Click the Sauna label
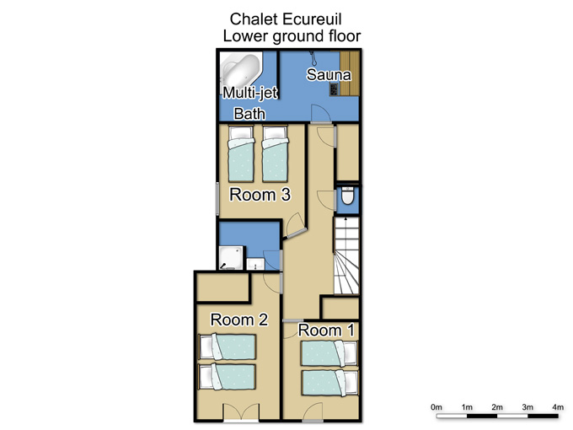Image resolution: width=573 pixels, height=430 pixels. (329, 74)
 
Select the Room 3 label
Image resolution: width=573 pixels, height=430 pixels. (260, 195)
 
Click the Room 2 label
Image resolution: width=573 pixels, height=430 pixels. (239, 320)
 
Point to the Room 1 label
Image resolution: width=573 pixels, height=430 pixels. (326, 331)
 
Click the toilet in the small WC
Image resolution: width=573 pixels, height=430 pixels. (347, 196)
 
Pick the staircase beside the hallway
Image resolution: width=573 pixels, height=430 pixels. (346, 256)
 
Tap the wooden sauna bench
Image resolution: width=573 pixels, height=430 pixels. (350, 73)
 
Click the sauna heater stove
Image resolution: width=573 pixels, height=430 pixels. (334, 89)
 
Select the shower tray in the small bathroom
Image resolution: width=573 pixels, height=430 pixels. (231, 258)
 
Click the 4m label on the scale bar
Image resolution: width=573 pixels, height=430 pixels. (558, 407)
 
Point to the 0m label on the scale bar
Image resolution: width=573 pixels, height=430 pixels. (436, 407)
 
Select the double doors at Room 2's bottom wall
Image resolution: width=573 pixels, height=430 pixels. (242, 412)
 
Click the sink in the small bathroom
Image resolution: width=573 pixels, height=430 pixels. (255, 264)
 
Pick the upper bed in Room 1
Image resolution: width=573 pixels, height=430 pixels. (329, 352)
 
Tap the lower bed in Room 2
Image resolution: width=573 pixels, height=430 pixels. (227, 377)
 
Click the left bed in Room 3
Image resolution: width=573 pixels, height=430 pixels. (241, 153)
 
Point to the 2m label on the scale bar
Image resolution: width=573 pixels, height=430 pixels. (497, 407)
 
